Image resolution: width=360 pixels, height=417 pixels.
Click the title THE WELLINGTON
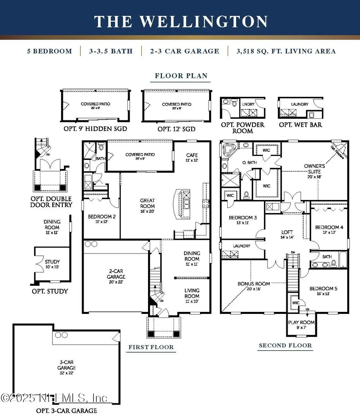(181, 21)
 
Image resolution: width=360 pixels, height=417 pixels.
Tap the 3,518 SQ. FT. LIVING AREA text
(286, 51)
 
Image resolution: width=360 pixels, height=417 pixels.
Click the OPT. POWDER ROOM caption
(243, 128)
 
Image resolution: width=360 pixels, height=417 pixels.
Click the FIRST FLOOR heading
(151, 347)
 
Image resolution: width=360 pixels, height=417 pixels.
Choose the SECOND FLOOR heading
(285, 345)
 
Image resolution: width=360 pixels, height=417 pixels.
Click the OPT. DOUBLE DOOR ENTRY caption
(52, 202)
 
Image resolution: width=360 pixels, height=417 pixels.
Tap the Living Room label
(192, 293)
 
